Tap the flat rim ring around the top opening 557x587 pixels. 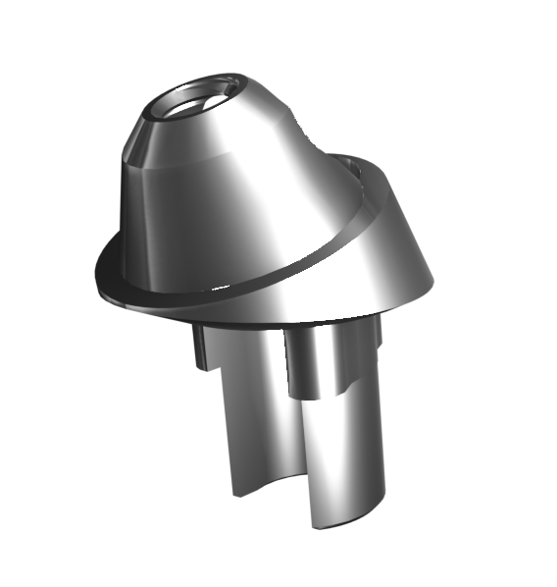coord(222,80)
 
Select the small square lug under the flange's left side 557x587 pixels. coord(201,348)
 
